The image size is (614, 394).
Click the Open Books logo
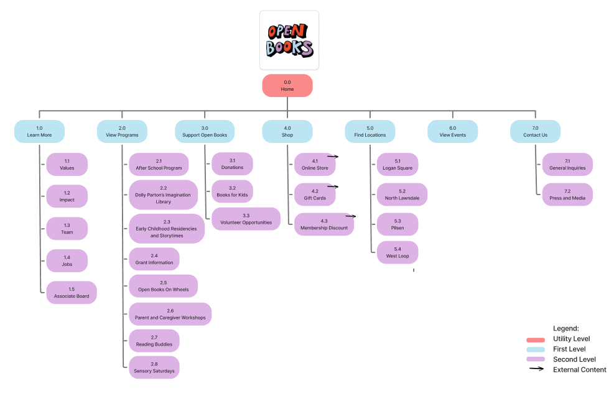(x=289, y=40)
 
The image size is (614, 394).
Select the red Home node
(x=287, y=86)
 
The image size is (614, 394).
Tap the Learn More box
(x=39, y=131)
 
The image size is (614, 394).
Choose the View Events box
(x=452, y=131)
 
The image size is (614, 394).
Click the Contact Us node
(x=535, y=131)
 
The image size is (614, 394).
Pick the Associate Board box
(x=72, y=293)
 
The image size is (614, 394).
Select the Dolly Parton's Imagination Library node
(x=163, y=195)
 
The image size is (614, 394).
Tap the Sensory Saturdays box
(x=154, y=367)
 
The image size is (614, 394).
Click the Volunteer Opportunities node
(x=246, y=219)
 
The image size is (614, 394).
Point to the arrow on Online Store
(x=333, y=157)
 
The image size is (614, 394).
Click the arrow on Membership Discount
(x=350, y=216)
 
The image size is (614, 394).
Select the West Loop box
(x=398, y=252)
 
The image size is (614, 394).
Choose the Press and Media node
(x=567, y=195)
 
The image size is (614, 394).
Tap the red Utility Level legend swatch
(x=536, y=339)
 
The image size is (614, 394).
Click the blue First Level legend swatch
(x=536, y=349)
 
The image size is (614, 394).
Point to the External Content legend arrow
(x=536, y=369)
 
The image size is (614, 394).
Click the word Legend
(x=566, y=328)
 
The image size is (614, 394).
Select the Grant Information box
(x=154, y=259)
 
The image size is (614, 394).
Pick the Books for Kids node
(x=233, y=191)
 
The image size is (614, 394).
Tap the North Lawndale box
(x=402, y=195)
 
